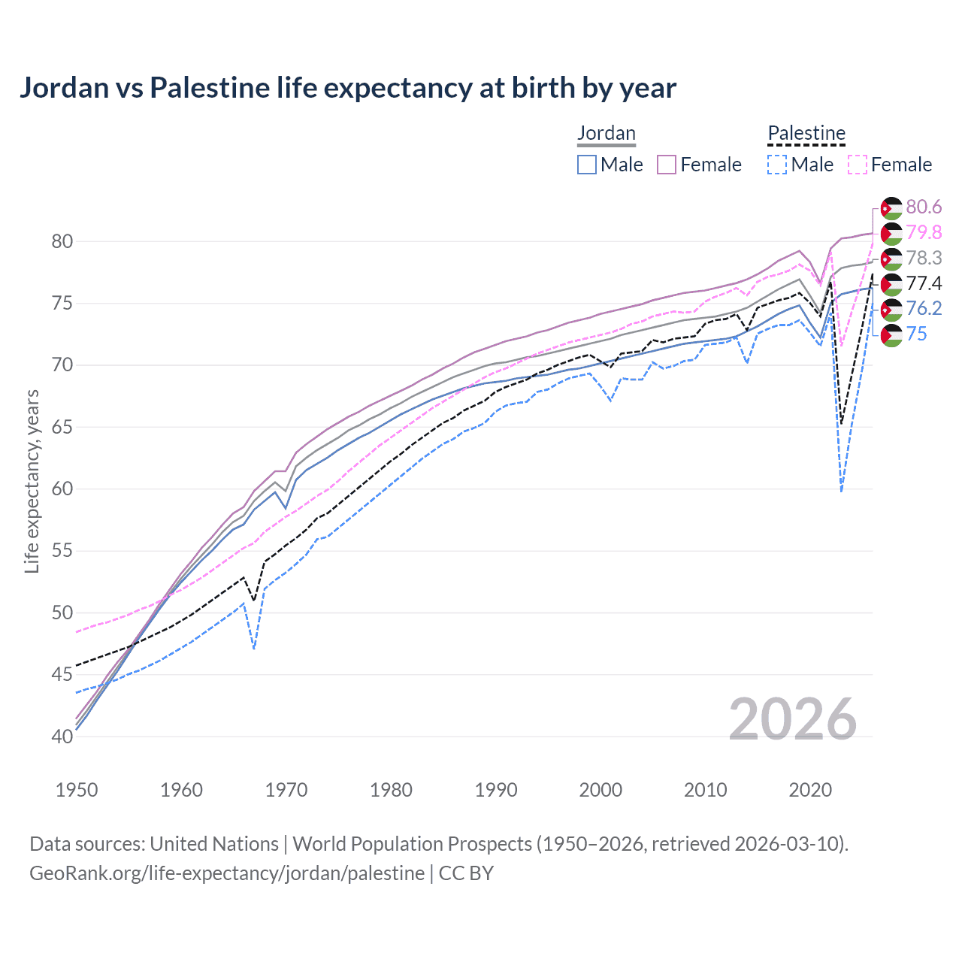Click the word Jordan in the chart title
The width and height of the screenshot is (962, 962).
tap(65, 88)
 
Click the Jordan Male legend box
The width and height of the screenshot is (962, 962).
tap(587, 165)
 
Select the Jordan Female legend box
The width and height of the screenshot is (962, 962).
tap(667, 165)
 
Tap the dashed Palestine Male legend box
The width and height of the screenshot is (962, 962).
tap(777, 165)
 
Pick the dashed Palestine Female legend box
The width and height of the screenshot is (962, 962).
tap(858, 165)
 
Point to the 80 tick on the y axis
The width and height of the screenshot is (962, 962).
tap(62, 241)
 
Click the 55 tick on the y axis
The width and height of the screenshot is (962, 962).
tap(62, 551)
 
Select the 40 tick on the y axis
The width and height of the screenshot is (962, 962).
tap(62, 737)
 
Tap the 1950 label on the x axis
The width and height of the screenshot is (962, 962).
tap(77, 790)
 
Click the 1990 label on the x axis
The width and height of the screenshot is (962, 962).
tap(496, 790)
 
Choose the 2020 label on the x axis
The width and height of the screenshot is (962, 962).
tap(810, 790)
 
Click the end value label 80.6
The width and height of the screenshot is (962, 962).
tap(924, 207)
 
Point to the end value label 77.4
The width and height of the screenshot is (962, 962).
tap(924, 283)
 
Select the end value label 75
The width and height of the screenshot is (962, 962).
tap(916, 334)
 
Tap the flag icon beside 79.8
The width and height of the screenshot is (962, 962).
tap(891, 233)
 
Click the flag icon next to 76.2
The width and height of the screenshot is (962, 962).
tap(891, 309)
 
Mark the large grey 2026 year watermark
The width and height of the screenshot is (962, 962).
tap(793, 720)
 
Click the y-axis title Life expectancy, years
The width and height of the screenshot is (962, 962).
tap(32, 481)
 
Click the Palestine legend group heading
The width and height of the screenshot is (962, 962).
tap(806, 134)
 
